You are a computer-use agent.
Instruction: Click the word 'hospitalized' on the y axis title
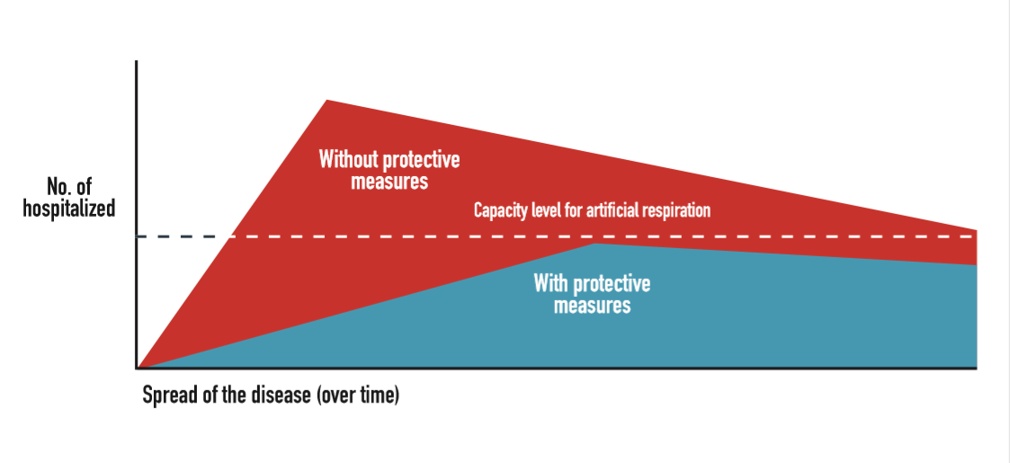pos(69,209)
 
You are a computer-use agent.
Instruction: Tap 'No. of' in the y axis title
pos(69,187)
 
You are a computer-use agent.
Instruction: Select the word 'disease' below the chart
pos(282,395)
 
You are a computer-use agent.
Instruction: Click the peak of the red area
pos(327,101)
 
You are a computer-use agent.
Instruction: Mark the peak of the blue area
pos(594,244)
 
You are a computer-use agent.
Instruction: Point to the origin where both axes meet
pos(137,369)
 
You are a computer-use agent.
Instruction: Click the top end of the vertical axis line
pos(137,61)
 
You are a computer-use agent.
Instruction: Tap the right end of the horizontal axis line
pos(977,369)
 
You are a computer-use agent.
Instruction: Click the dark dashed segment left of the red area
pos(181,236)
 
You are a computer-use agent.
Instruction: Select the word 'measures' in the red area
pos(389,181)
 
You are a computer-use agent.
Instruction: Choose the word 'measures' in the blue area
pos(592,305)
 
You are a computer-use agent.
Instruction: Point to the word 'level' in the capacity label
pos(540,210)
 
